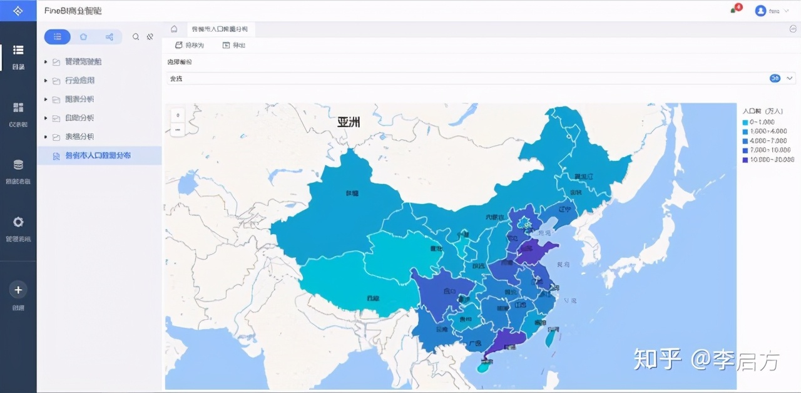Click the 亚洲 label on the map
(x=349, y=122)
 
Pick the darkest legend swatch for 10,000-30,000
(x=745, y=160)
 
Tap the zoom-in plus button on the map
(x=178, y=115)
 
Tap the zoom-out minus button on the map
(x=178, y=130)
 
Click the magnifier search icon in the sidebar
(x=136, y=37)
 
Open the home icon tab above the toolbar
(x=174, y=29)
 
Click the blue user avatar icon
(x=760, y=11)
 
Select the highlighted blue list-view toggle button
(x=58, y=37)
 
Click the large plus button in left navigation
(x=18, y=290)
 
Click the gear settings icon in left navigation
(x=18, y=222)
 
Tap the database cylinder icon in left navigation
(x=18, y=165)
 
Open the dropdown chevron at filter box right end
(x=790, y=78)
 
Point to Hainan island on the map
(x=482, y=367)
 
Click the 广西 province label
(x=474, y=344)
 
